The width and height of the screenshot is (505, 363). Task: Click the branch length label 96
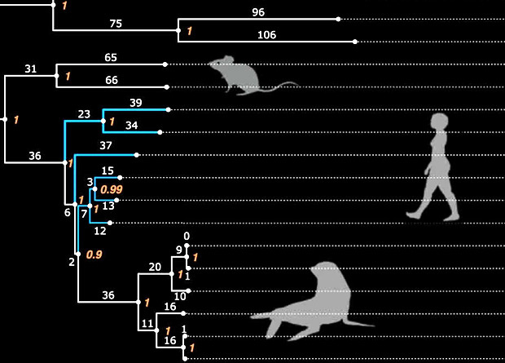tap(259, 11)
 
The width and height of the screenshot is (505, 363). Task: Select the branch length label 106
tap(266, 34)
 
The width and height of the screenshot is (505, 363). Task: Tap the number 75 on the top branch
tap(116, 24)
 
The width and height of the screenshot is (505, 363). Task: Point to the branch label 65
tap(112, 58)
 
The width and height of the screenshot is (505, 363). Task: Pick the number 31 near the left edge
tap(31, 69)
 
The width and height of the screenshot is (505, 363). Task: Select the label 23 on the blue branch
tap(84, 115)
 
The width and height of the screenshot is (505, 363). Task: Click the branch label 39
tap(136, 102)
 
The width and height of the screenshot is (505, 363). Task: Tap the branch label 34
tap(131, 125)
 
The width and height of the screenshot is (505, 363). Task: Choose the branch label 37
tap(106, 146)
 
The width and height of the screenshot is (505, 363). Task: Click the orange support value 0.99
tap(111, 189)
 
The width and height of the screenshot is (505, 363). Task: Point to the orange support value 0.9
tap(94, 255)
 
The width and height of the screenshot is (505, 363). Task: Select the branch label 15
tap(108, 170)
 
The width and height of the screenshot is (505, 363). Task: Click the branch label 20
tap(155, 266)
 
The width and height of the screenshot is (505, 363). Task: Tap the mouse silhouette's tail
tap(281, 85)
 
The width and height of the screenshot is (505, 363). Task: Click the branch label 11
tap(147, 324)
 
